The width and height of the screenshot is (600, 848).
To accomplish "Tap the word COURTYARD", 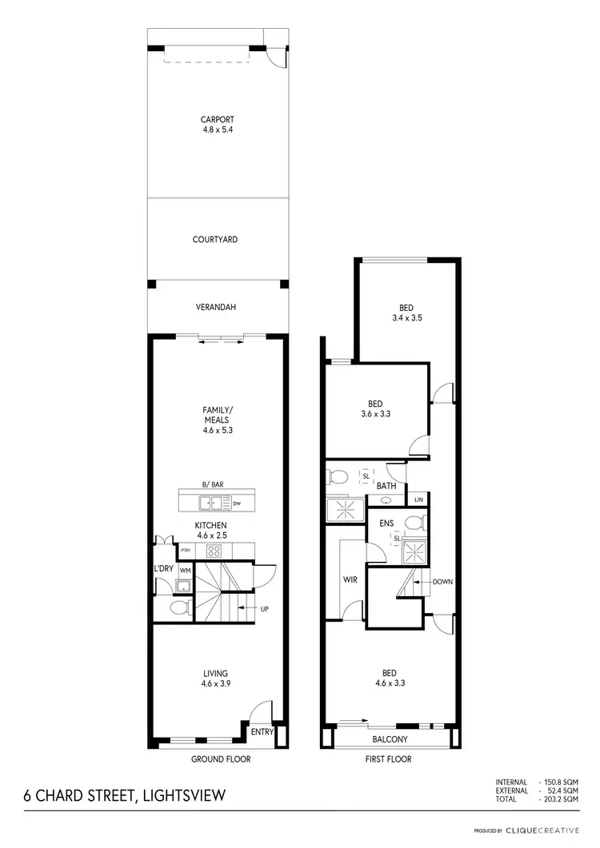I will [x=214, y=239].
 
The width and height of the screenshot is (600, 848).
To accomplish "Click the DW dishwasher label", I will [x=237, y=504].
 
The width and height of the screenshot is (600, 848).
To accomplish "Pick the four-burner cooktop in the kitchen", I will [x=214, y=551].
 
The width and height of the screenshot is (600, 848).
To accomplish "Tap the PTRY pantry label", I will [x=186, y=551].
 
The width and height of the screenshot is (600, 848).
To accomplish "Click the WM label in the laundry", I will [x=185, y=570].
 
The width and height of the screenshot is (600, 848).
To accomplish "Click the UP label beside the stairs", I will [x=264, y=609].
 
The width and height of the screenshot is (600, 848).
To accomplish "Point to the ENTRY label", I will [x=262, y=731].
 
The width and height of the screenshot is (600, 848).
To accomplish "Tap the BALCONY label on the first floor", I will [x=390, y=739].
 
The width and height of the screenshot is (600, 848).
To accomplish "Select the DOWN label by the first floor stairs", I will [x=442, y=582].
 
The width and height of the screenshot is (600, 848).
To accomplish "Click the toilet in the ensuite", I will [x=413, y=523].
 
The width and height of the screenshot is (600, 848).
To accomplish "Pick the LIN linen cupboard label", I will [x=418, y=500].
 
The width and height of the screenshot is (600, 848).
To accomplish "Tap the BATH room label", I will [x=386, y=485].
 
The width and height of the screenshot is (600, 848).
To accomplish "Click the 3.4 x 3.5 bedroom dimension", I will [x=406, y=318].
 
